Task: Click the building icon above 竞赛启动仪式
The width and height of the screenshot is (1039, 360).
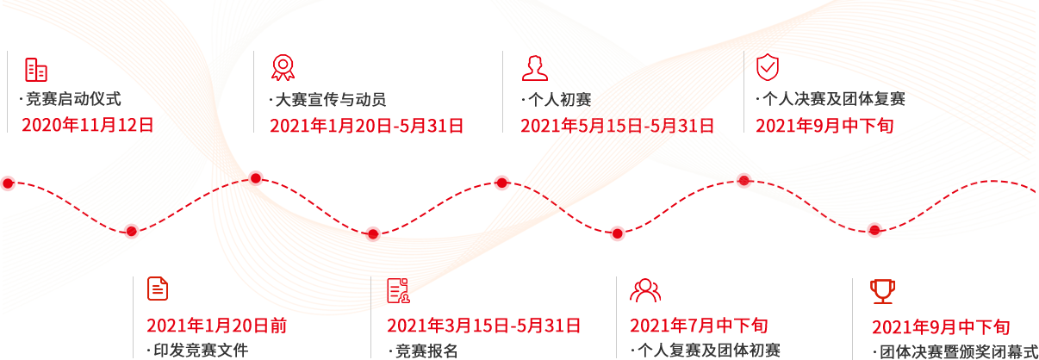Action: (35, 70)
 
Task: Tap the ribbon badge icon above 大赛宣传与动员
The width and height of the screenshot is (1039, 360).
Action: (282, 68)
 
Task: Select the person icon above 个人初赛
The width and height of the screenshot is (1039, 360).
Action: (534, 68)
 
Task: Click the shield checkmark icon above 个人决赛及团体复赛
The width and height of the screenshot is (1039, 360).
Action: (768, 67)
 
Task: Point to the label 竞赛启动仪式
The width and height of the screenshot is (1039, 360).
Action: (78, 99)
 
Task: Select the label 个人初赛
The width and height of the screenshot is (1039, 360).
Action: (559, 99)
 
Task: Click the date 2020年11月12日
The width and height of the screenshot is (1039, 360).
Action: (87, 125)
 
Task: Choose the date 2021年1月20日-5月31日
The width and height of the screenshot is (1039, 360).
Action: (367, 126)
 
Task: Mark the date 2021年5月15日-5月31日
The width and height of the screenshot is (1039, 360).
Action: (617, 126)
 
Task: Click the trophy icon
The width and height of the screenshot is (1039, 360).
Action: (882, 290)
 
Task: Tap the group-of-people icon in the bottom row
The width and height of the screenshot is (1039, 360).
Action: (644, 290)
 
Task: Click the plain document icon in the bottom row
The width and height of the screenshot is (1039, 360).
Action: (158, 289)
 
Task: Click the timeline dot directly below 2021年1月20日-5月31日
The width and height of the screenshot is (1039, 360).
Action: (256, 178)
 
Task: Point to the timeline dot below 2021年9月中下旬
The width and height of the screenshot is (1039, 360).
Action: (744, 180)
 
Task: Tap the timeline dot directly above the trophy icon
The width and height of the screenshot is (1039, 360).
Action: (874, 229)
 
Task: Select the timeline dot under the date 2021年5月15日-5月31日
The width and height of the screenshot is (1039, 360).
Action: (502, 182)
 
